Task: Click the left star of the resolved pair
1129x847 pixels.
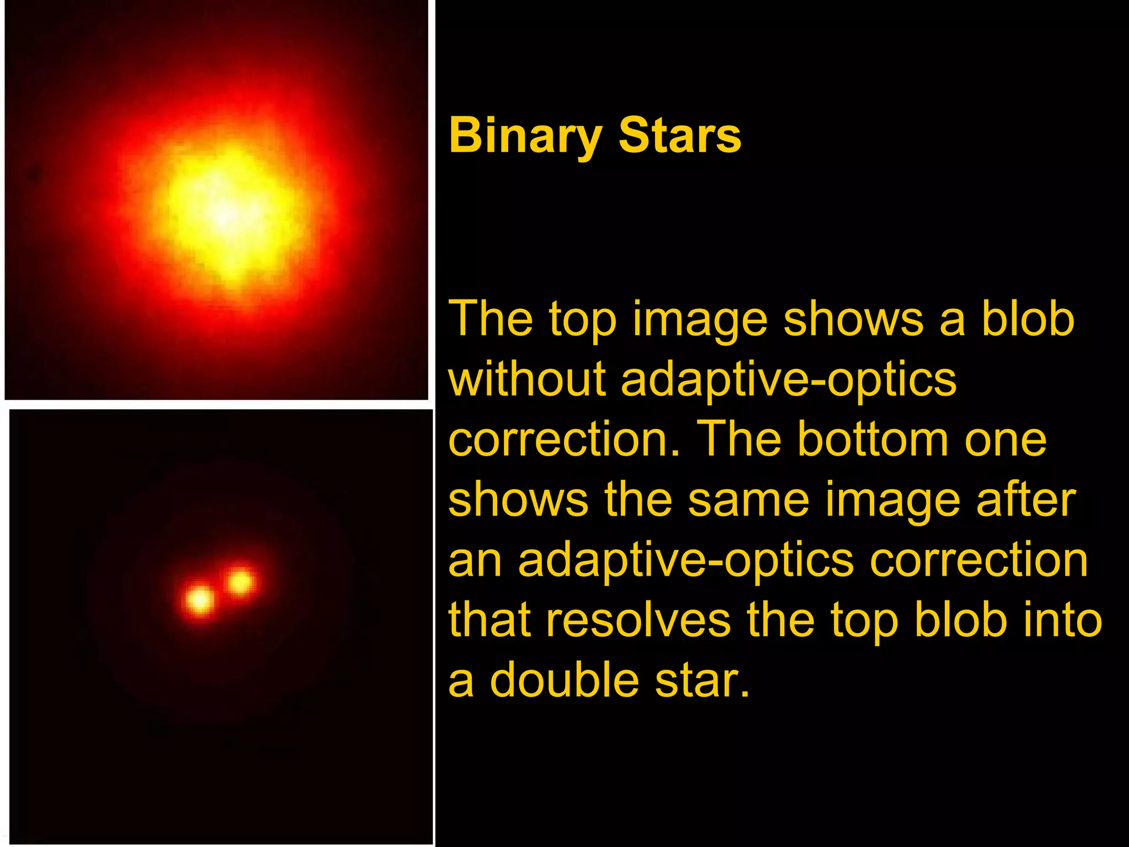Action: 200,599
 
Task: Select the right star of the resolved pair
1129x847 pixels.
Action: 240,582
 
